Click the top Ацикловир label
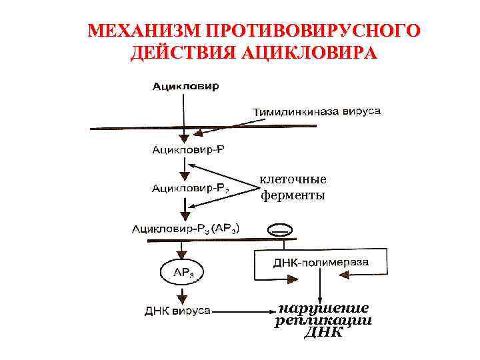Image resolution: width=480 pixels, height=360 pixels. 185,87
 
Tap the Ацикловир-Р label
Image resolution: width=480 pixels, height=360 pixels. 189,149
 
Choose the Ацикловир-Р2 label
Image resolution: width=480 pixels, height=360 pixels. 191,189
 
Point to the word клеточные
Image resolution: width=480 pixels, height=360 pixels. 293,179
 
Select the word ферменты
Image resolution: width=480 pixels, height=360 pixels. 293,195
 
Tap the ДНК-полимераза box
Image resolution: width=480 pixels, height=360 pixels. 321,263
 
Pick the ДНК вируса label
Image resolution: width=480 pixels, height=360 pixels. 178,310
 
